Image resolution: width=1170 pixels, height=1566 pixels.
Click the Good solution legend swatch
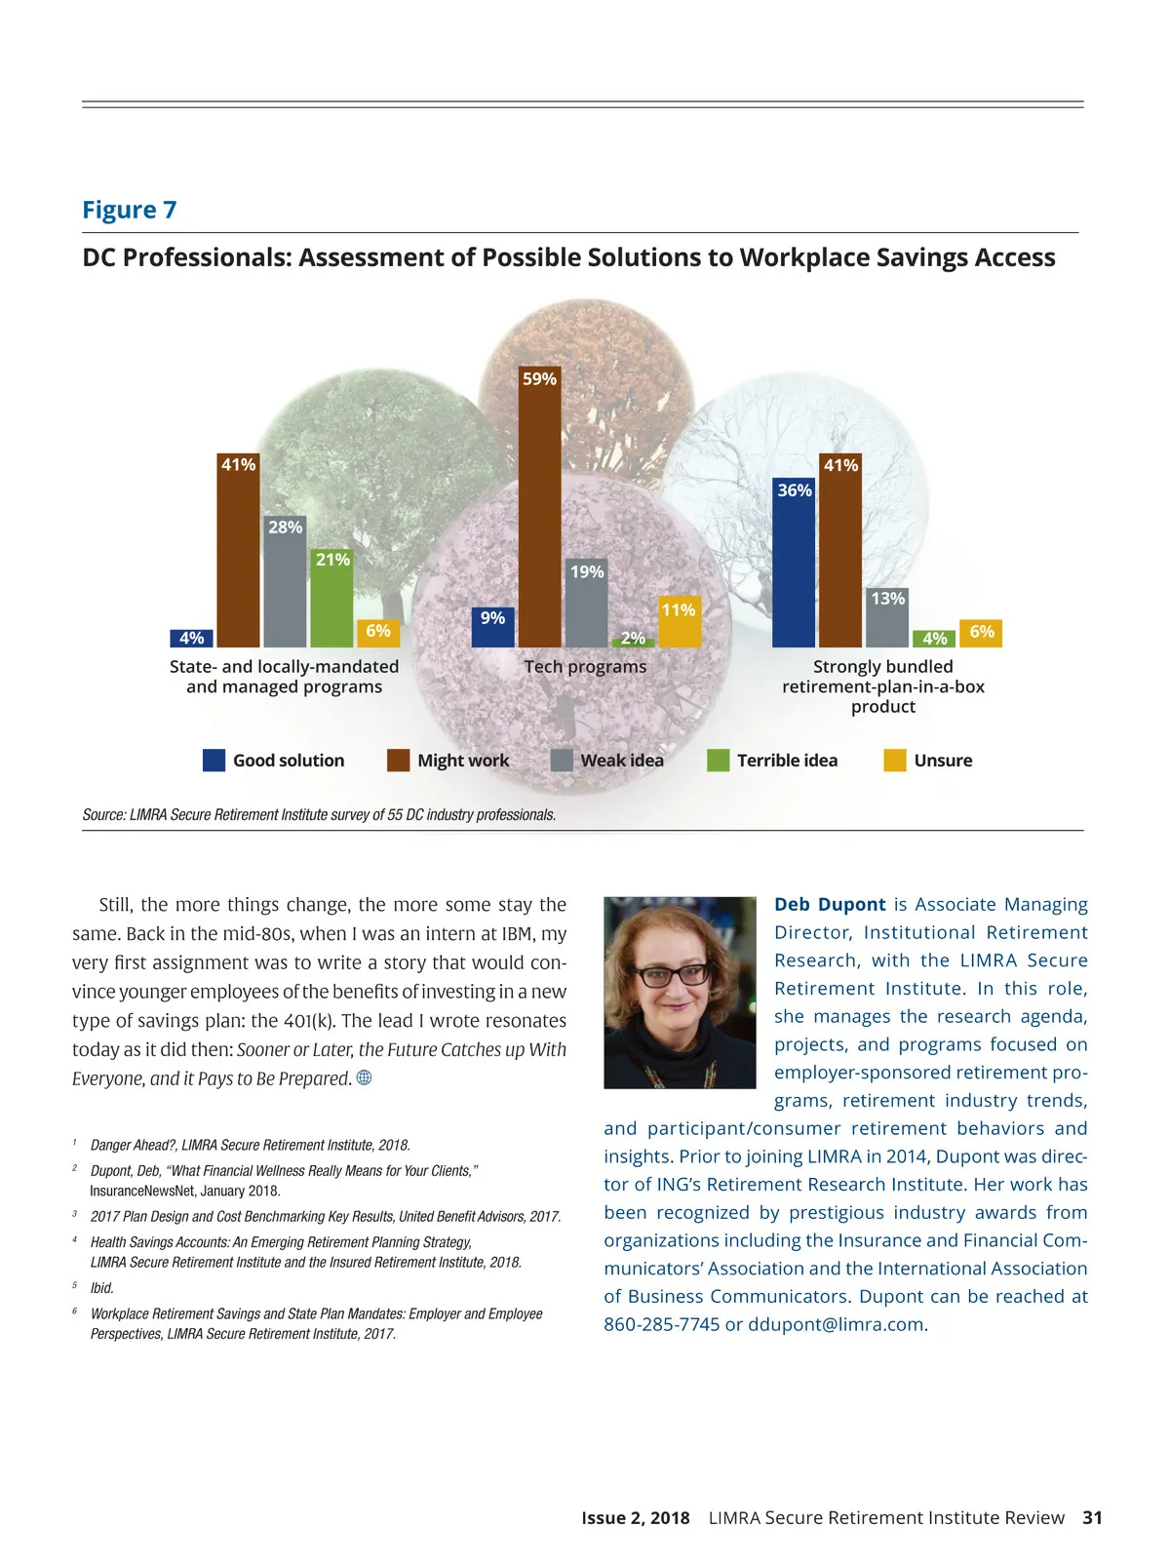coord(214,761)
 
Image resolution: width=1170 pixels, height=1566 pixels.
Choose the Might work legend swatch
coord(398,761)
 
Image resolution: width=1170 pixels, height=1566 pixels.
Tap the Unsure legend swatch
coord(894,761)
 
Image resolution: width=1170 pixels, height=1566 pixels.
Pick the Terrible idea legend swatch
coord(718,761)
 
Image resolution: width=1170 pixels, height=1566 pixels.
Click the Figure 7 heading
coord(130,210)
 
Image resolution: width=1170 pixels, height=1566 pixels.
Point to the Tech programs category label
coord(585,667)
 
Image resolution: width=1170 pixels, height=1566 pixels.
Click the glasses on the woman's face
coord(673,973)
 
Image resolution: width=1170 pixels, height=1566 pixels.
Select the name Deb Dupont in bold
coord(830,905)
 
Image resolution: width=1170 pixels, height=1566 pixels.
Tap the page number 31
coord(1092,1517)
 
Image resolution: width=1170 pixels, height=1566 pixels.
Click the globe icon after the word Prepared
coord(365,1077)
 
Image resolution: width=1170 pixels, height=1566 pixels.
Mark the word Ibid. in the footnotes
coord(102,1288)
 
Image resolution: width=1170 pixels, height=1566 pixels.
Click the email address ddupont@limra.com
coord(837,1324)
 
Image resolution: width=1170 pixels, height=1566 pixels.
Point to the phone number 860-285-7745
coord(661,1324)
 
